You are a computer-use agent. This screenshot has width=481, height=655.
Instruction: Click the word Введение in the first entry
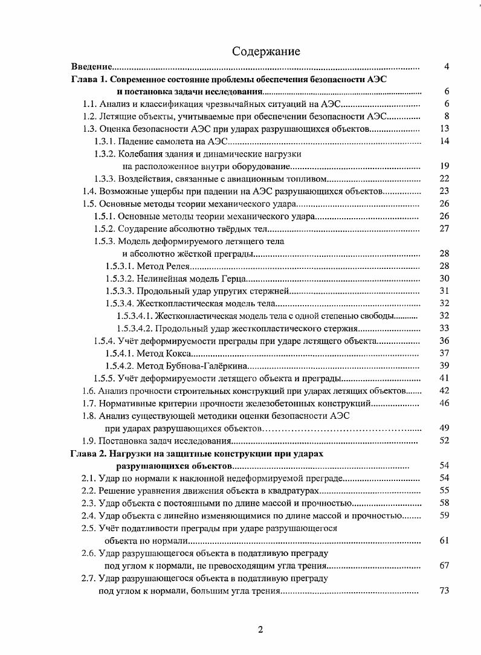click(91, 66)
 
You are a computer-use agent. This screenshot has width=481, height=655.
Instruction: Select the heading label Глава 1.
click(89, 79)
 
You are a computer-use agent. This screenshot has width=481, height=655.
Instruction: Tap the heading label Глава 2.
click(89, 453)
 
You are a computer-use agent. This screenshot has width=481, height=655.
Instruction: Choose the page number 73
click(444, 590)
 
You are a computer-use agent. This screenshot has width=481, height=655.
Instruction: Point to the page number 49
click(444, 427)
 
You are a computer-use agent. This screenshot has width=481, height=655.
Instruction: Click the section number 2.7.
click(89, 578)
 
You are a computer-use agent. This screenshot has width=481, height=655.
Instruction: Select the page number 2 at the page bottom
click(260, 630)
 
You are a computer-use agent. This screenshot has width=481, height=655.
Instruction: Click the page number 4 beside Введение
click(446, 66)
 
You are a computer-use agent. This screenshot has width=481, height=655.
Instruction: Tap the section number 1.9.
click(89, 440)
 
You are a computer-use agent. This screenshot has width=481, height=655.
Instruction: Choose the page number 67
click(444, 566)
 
